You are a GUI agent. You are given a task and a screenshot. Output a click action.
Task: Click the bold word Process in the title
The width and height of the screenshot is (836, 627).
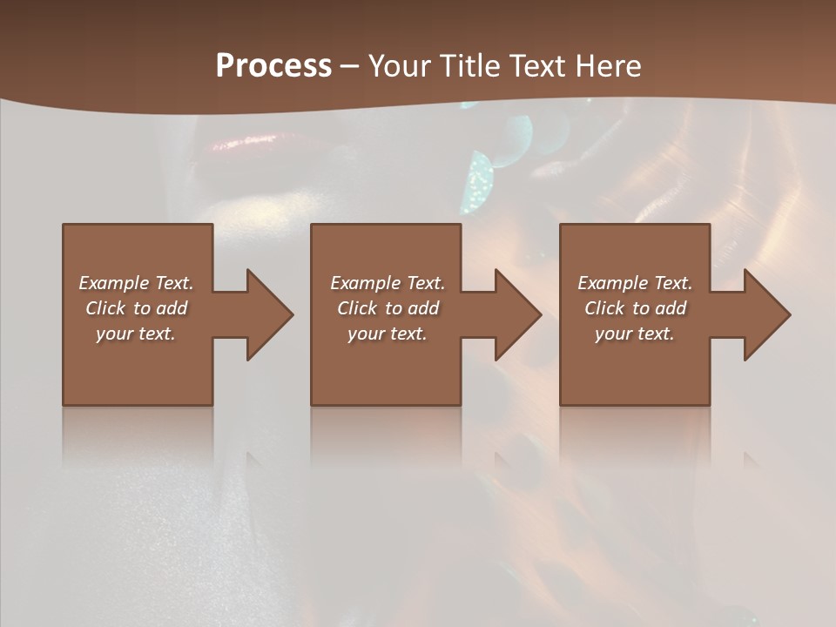(x=273, y=66)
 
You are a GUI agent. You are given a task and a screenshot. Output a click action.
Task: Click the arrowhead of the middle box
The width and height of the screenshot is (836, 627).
(x=517, y=314)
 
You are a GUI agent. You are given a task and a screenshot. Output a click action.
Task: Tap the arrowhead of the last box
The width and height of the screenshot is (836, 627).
(x=766, y=314)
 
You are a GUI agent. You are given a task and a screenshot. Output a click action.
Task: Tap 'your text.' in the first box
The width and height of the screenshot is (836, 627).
(x=136, y=334)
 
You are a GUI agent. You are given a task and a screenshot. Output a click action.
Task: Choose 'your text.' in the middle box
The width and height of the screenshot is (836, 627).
(x=387, y=334)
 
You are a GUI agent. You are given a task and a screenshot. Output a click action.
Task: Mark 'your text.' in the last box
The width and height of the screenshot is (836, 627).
(x=634, y=334)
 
